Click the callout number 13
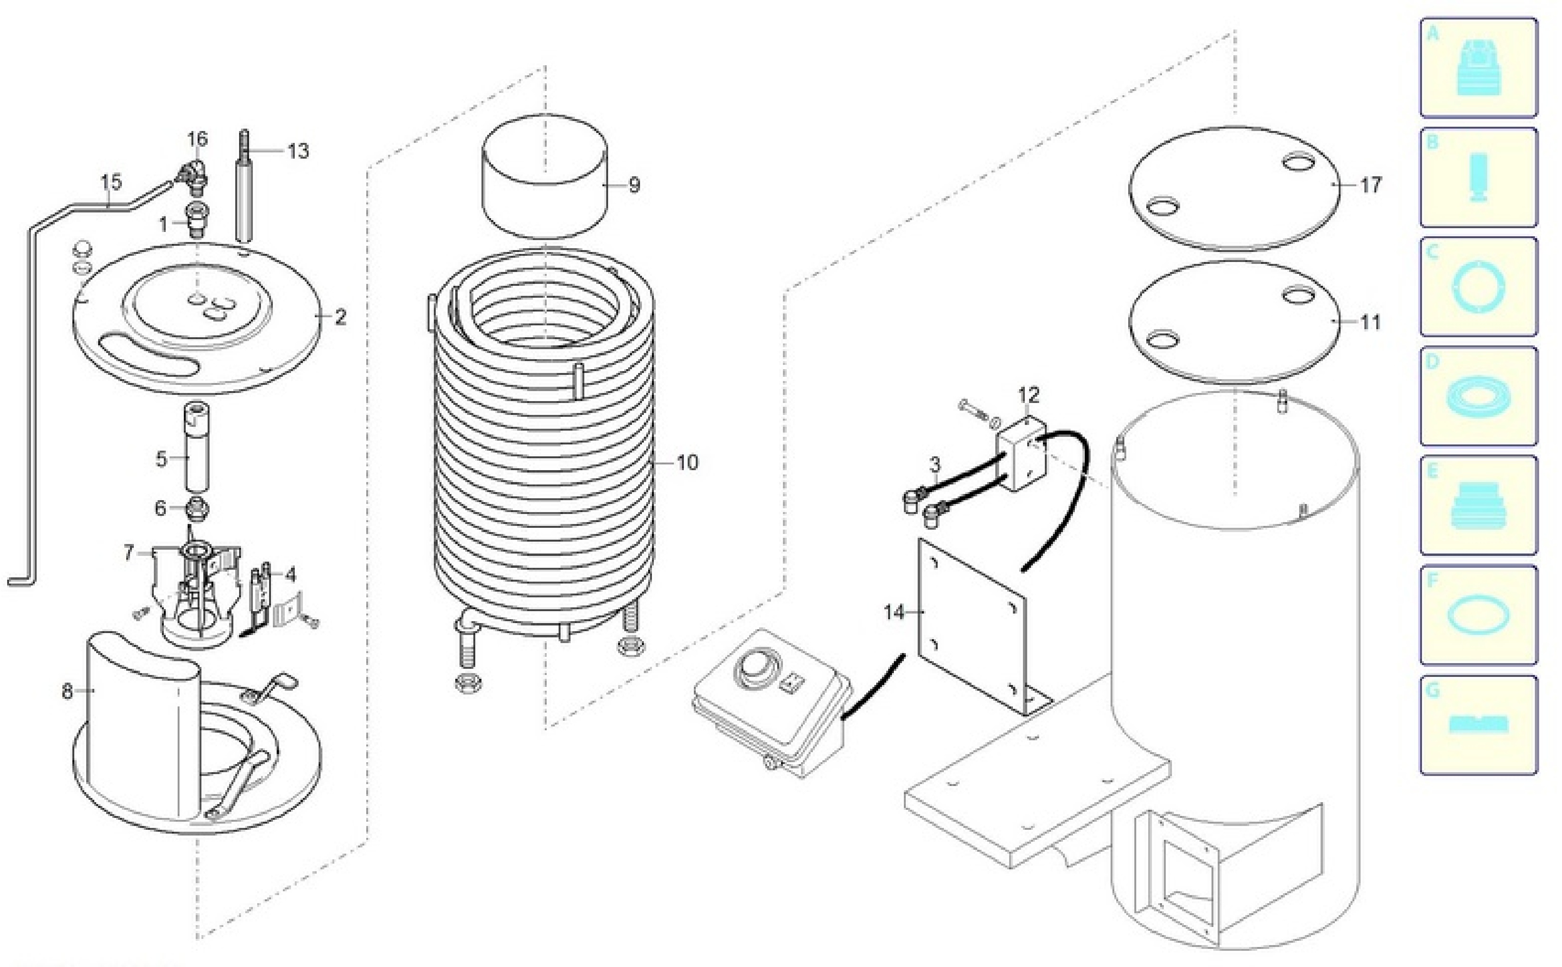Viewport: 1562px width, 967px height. pos(298,151)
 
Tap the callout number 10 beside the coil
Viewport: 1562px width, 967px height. pos(687,463)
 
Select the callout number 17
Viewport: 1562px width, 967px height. pos(1370,185)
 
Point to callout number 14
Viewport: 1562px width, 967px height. pos(894,612)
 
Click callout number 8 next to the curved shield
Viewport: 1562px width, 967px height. pos(67,691)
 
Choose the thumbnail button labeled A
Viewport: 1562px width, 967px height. pos(1479,68)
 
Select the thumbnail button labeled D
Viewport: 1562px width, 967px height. pos(1479,396)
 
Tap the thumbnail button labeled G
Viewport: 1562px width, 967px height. pos(1479,725)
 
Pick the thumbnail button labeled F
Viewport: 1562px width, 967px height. pos(1479,615)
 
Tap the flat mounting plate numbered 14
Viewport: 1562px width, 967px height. pos(972,627)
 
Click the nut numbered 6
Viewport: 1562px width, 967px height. pos(197,510)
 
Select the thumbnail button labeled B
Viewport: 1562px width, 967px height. pos(1479,177)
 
